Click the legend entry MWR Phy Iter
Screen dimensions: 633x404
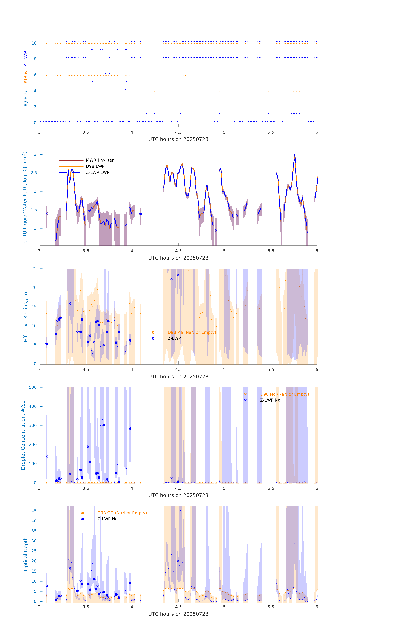(x=99, y=160)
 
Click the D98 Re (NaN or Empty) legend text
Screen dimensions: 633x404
(x=192, y=332)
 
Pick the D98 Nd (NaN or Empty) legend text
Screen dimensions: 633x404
(x=284, y=394)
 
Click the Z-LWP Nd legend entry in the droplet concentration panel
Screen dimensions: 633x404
(x=270, y=400)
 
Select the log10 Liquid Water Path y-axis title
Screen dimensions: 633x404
(x=25, y=198)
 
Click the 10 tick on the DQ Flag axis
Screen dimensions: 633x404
(x=34, y=43)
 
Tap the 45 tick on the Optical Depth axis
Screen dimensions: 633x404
(x=34, y=511)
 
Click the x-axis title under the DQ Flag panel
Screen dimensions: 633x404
(x=178, y=139)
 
